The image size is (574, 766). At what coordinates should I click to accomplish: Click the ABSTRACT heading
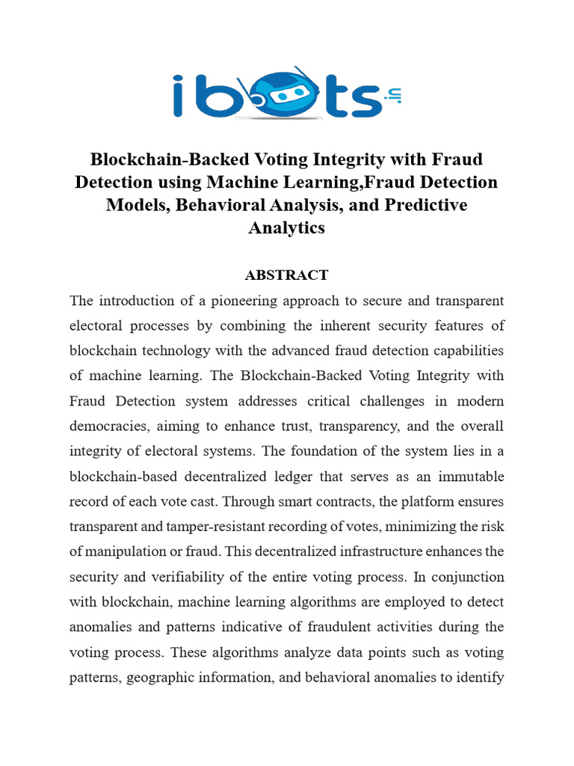[x=286, y=275]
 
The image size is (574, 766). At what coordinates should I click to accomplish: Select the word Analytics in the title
[x=286, y=228]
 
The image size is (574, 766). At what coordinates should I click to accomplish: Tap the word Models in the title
[x=140, y=205]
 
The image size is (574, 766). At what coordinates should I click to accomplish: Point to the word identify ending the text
[x=478, y=678]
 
